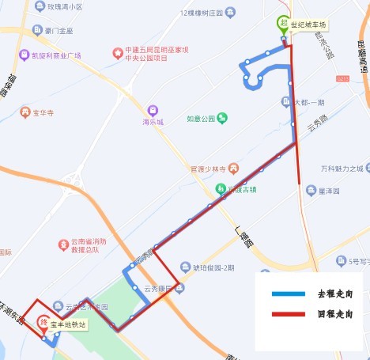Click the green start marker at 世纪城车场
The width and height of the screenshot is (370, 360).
282,24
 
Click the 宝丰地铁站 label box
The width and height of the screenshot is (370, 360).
68,324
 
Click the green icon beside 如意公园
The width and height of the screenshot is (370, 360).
223,119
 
